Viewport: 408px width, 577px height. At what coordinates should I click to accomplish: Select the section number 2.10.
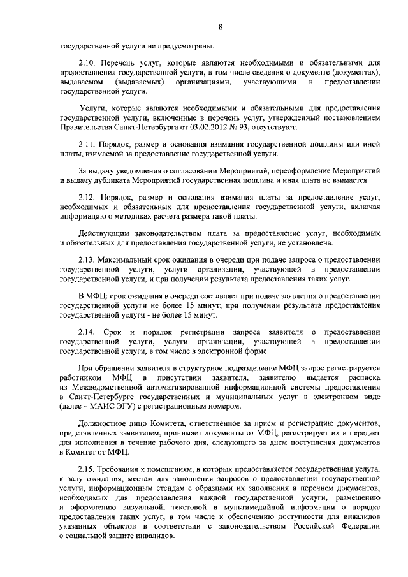(87, 64)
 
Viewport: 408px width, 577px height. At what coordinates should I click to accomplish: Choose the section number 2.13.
(87, 261)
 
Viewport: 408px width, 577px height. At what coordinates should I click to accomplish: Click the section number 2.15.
(87, 469)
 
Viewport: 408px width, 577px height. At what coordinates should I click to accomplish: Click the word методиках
(143, 217)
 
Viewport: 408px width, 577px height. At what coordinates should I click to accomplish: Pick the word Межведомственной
(107, 388)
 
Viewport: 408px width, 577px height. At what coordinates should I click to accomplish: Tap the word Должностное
(104, 424)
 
